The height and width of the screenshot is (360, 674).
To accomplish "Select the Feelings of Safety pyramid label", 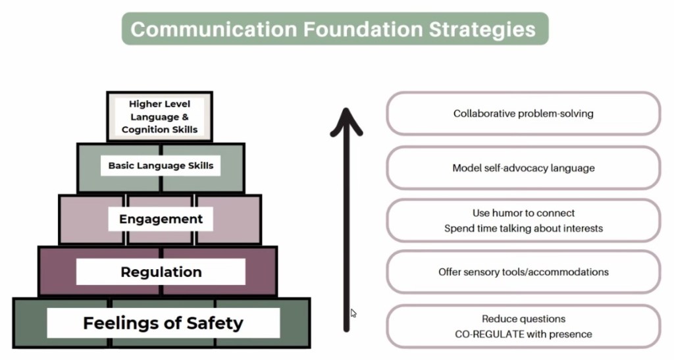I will pyautogui.click(x=163, y=323).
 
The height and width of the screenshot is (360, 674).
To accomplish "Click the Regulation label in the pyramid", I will pyautogui.click(x=161, y=272).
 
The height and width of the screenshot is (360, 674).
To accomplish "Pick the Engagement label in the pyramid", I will pyautogui.click(x=161, y=219).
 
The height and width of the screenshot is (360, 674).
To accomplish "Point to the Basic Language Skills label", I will pyautogui.click(x=161, y=166).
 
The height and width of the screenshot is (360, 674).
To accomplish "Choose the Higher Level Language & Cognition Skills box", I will pyautogui.click(x=159, y=116).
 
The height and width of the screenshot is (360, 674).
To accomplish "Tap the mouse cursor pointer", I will pyautogui.click(x=353, y=314).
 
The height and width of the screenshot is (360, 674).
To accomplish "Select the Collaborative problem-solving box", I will pyautogui.click(x=523, y=113).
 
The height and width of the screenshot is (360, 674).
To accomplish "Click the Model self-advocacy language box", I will pyautogui.click(x=523, y=168).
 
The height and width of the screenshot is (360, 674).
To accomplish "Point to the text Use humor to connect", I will pyautogui.click(x=523, y=213).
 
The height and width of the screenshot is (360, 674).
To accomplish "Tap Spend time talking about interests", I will pyautogui.click(x=523, y=228).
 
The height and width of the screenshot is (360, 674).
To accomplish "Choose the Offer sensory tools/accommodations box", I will pyautogui.click(x=523, y=272).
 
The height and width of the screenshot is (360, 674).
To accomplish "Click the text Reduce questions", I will pyautogui.click(x=523, y=319).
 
